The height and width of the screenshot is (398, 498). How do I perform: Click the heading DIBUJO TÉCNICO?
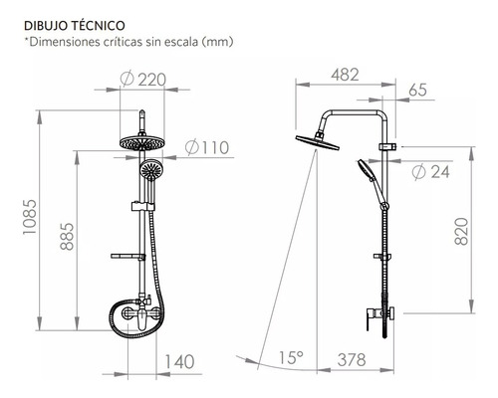point(75,26)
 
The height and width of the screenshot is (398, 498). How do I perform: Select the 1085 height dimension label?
point(30,217)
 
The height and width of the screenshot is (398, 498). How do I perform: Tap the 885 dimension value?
point(68,236)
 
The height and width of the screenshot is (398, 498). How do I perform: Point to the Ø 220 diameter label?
point(142,80)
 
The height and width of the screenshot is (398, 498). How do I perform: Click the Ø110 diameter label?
point(207,147)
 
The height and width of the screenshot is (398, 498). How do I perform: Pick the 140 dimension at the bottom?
point(179,362)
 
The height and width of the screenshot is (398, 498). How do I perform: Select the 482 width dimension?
point(345,75)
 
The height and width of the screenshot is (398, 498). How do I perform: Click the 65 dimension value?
point(417,90)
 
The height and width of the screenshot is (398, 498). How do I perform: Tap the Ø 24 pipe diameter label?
point(431,172)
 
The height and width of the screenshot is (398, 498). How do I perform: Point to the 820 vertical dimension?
point(461,231)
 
